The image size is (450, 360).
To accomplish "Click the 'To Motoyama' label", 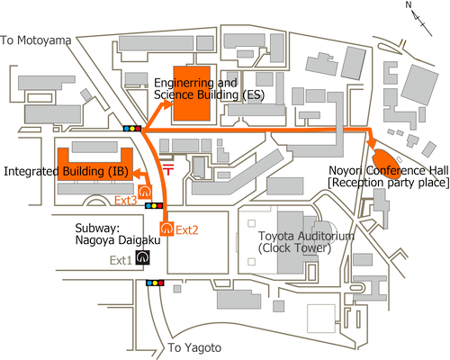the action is pos(36,40).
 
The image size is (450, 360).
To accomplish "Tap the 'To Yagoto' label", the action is pos(194,347).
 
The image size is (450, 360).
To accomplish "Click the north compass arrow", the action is pos(420,20).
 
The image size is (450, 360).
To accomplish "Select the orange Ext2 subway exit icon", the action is pos(166,229).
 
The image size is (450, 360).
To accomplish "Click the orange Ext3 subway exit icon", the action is pos(145,192).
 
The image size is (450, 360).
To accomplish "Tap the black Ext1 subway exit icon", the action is pos(142,257).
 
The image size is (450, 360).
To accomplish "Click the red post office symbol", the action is pos(168,169).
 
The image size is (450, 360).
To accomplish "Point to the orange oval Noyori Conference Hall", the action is pos(386,164).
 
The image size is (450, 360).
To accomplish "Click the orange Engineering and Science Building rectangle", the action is pos(192,94).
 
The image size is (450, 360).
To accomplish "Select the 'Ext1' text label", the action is pos(121,260).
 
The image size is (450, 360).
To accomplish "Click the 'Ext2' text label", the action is pos(187,230).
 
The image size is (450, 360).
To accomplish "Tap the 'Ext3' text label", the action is pos(126,201).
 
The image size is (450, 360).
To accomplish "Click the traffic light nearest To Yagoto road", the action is pos(155,283).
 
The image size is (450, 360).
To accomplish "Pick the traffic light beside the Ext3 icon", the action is pos(154,206).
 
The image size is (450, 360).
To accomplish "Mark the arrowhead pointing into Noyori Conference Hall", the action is pos(373,143).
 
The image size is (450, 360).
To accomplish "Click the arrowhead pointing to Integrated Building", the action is pos(137,173).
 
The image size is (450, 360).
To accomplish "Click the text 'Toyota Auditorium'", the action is pos(306,236).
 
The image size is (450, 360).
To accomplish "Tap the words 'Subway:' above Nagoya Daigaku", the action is pos(97,229).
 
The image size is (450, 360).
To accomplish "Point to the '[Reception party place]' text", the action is pos(389,183).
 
